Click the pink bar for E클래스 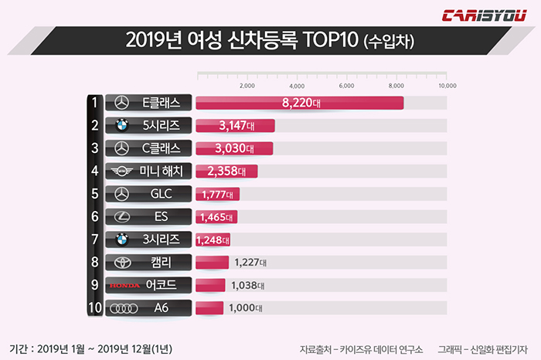(300, 103)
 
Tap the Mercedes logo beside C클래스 (121, 148)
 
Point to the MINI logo (121, 172)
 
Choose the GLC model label (162, 194)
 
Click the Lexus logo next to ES (121, 217)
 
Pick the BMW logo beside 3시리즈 (121, 239)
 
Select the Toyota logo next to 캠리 (121, 263)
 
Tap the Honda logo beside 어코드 (124, 285)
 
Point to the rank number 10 (94, 308)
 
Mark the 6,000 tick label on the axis (346, 86)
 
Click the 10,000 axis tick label (447, 86)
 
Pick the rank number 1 (94, 103)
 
